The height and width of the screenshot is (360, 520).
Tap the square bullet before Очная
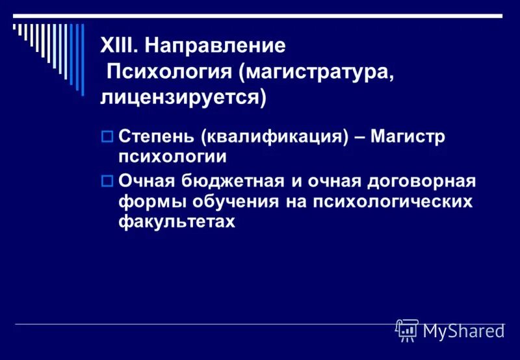107,180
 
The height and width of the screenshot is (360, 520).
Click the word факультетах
175,222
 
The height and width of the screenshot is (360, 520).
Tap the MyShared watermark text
463,331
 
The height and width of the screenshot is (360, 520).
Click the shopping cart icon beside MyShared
407,330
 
